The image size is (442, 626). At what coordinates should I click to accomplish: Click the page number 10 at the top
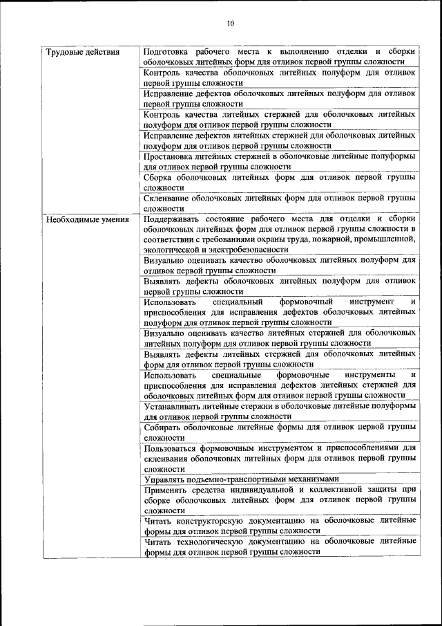click(x=231, y=23)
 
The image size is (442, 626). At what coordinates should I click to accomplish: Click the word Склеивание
click(x=169, y=198)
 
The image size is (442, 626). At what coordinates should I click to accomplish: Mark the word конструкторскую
click(x=217, y=520)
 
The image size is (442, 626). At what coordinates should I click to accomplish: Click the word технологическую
click(x=218, y=541)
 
